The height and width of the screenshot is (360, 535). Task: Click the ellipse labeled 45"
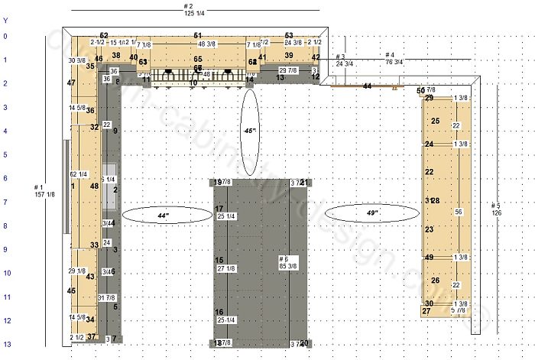click(x=249, y=131)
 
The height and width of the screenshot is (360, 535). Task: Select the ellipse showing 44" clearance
click(x=162, y=216)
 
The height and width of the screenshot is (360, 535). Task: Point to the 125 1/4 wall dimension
click(x=194, y=14)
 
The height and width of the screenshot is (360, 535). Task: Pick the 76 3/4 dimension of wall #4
click(x=394, y=63)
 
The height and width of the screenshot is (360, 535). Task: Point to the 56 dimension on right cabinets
click(x=459, y=212)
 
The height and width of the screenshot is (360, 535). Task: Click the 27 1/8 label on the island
click(x=226, y=269)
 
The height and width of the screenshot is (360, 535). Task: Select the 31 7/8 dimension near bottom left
click(x=107, y=297)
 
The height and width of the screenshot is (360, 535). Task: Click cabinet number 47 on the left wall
click(x=71, y=83)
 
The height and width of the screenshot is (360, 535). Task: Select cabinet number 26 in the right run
click(x=435, y=281)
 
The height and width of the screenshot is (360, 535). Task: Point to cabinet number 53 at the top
click(x=289, y=36)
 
